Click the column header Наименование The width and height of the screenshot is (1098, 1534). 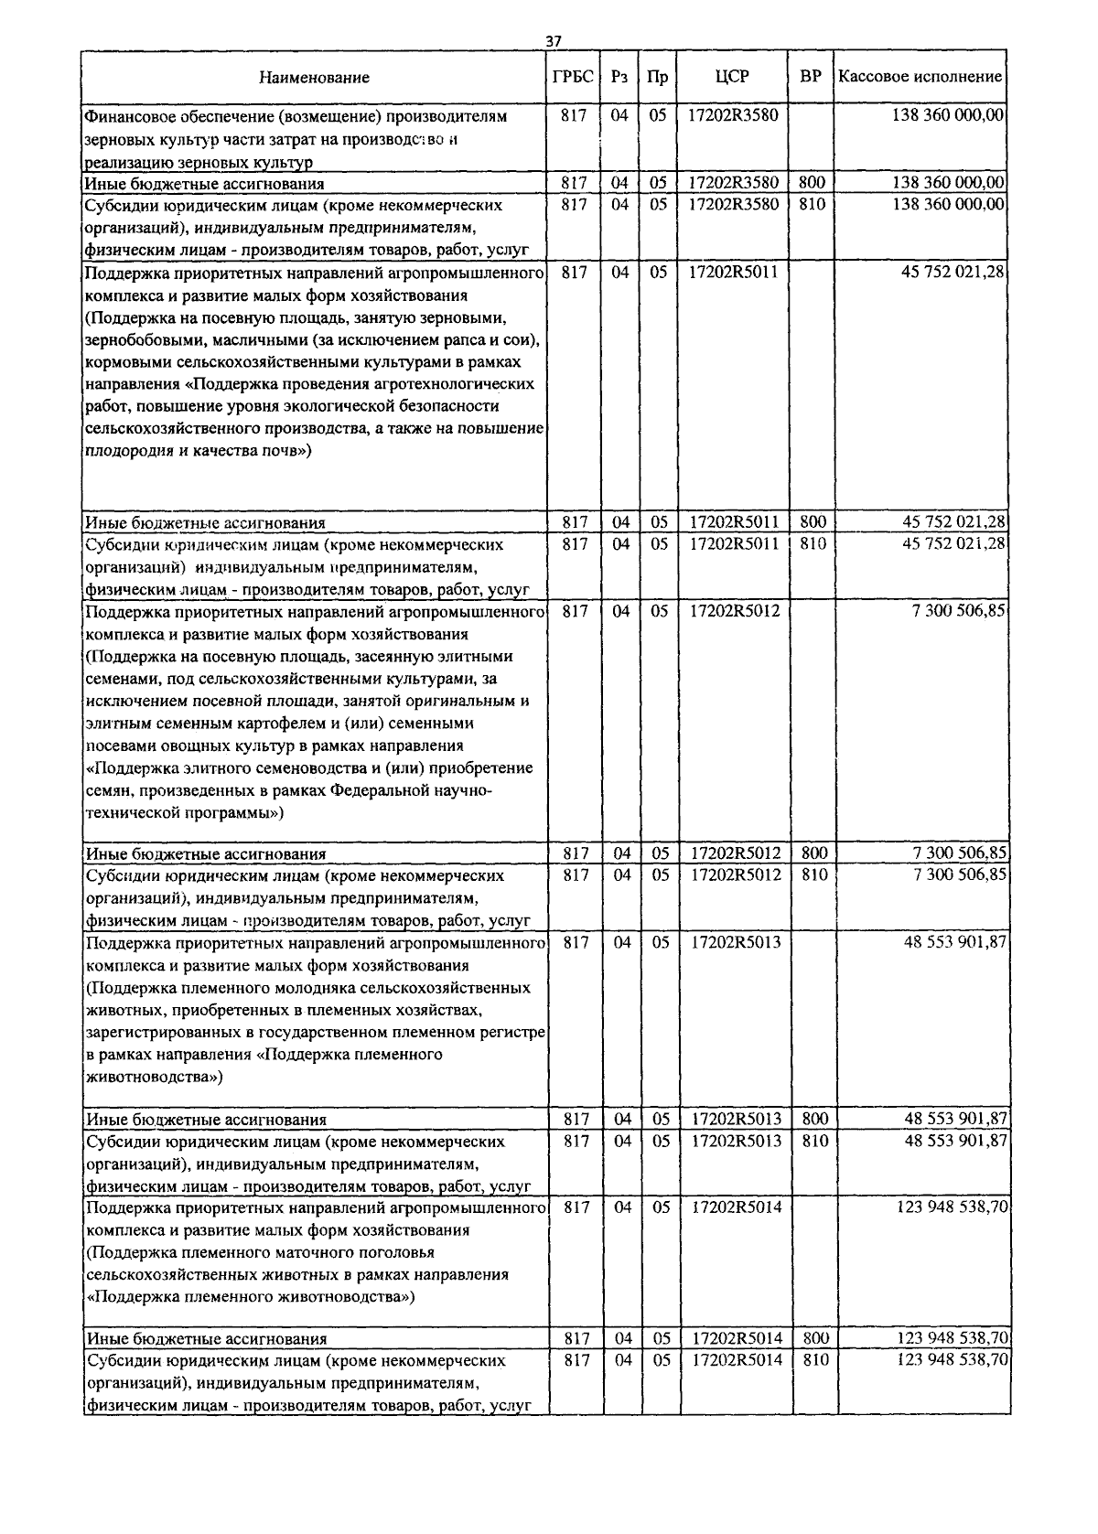[314, 78]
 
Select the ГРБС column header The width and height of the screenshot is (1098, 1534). [573, 77]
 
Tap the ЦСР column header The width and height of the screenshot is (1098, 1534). [732, 77]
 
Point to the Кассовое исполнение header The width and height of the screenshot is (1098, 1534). [920, 77]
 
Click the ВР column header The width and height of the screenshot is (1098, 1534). [811, 77]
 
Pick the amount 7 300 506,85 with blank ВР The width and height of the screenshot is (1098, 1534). [960, 611]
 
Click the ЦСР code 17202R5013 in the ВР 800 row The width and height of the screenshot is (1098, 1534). [736, 1119]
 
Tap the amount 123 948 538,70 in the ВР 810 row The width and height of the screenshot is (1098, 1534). [952, 1360]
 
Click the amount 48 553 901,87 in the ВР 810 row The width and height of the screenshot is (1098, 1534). [956, 1142]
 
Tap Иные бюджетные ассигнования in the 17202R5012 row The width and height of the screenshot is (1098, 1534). [206, 854]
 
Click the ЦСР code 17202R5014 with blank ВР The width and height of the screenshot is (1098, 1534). [736, 1207]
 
